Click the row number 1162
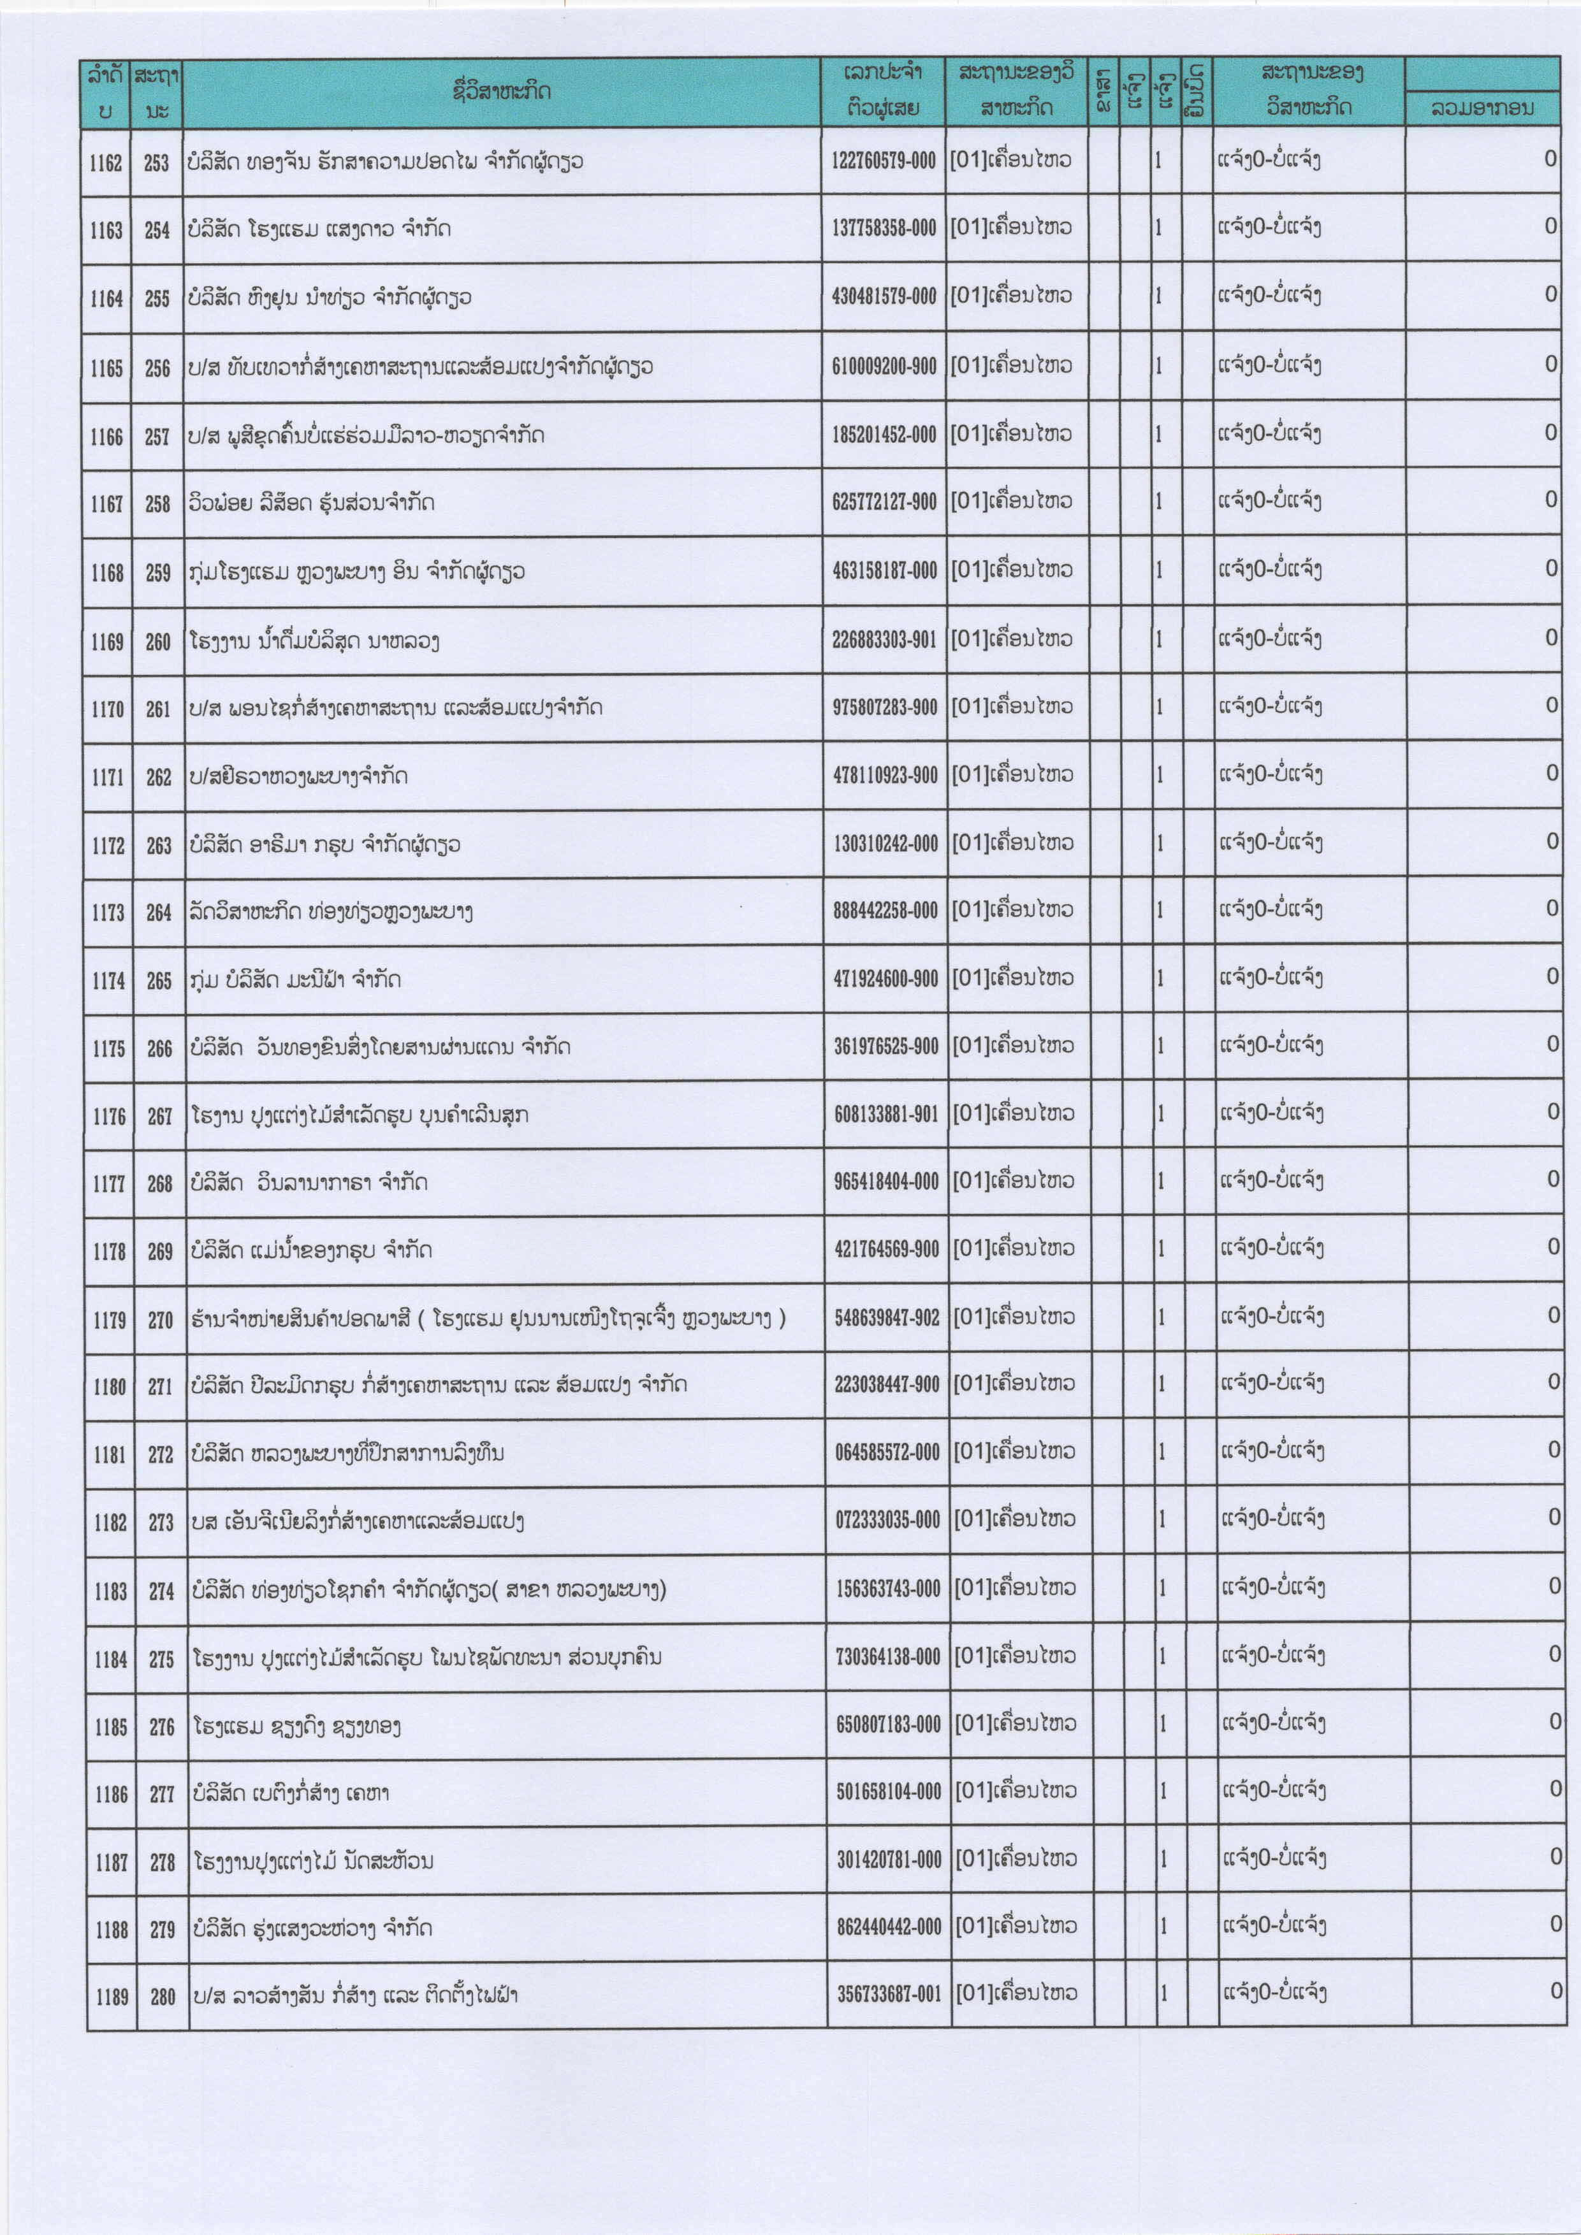(x=106, y=163)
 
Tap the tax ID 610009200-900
(x=884, y=366)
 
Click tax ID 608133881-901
(x=886, y=1115)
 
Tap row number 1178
(x=109, y=1252)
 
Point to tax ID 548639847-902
(x=887, y=1318)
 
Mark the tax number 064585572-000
(x=887, y=1453)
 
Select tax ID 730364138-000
(x=888, y=1657)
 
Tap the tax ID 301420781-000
(x=889, y=1860)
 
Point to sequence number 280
(x=163, y=1997)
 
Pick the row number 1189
(x=112, y=1997)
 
